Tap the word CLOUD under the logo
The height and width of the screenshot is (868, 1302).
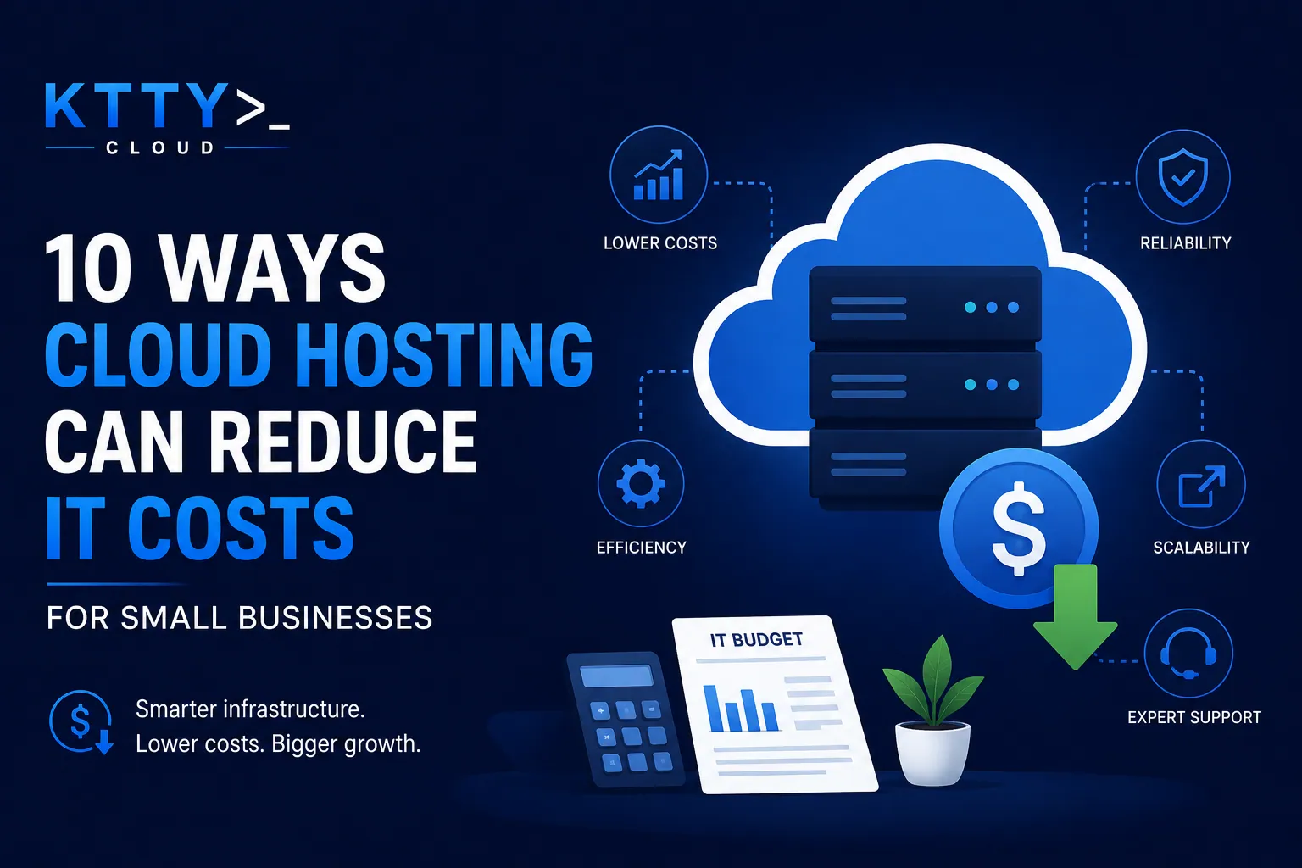(x=160, y=147)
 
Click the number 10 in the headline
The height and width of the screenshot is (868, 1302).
(x=88, y=268)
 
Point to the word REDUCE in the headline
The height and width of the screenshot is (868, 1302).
(x=343, y=442)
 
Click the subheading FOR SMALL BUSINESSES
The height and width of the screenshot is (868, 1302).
(x=240, y=618)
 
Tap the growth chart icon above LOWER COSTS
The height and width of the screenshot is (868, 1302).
(x=659, y=175)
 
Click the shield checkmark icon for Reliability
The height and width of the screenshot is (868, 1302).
(x=1182, y=177)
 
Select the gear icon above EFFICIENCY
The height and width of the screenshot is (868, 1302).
(x=641, y=483)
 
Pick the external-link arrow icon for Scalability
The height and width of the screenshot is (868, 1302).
(x=1201, y=486)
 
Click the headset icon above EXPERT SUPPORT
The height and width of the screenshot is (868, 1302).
(x=1188, y=654)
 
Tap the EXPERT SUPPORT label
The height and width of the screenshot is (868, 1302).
(x=1194, y=717)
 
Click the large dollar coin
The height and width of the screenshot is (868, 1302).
(x=1019, y=528)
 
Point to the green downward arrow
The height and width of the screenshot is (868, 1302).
(x=1075, y=617)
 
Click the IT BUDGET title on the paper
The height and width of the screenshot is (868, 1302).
(x=756, y=640)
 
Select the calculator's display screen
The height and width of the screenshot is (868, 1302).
(x=617, y=676)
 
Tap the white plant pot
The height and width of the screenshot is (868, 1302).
(x=932, y=754)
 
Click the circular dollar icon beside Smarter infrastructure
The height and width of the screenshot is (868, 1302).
(x=81, y=722)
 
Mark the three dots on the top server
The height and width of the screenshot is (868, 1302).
(x=992, y=307)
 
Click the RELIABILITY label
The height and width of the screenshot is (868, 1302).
(x=1186, y=243)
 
